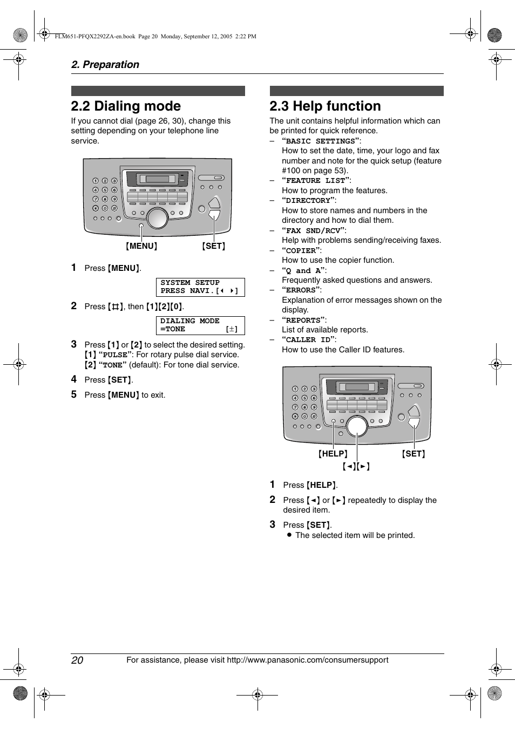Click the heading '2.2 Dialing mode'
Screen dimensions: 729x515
(x=126, y=106)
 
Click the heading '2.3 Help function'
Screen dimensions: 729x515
(x=325, y=106)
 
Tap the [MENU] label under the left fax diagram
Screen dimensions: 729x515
(x=141, y=246)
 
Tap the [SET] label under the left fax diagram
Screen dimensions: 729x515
(x=214, y=246)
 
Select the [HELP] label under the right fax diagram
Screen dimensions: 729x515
(x=333, y=454)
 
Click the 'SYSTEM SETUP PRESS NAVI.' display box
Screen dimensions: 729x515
(x=200, y=287)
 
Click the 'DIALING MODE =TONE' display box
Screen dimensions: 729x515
(x=200, y=325)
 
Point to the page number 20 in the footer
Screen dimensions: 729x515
(x=77, y=660)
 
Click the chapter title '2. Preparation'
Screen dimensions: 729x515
(x=105, y=65)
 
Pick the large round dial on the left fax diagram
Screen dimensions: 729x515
(x=157, y=218)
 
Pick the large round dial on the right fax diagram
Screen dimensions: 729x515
(x=357, y=426)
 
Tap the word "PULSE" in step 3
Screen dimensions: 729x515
(x=115, y=355)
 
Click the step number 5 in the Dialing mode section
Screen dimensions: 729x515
(x=74, y=394)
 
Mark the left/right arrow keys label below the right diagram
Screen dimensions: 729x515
(x=356, y=467)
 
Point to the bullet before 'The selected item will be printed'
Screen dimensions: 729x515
(x=289, y=535)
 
